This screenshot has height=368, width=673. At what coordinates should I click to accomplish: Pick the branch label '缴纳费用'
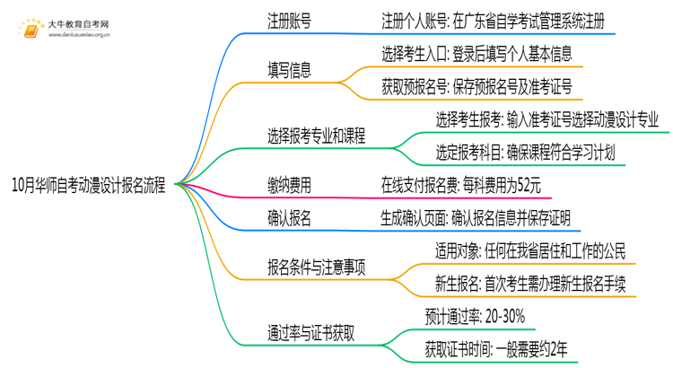coord(290,186)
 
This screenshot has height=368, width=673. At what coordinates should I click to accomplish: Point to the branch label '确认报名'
coord(290,218)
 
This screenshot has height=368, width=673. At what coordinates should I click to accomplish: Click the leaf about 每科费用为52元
coord(460,186)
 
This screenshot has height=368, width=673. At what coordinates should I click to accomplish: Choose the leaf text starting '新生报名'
coord(525,283)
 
